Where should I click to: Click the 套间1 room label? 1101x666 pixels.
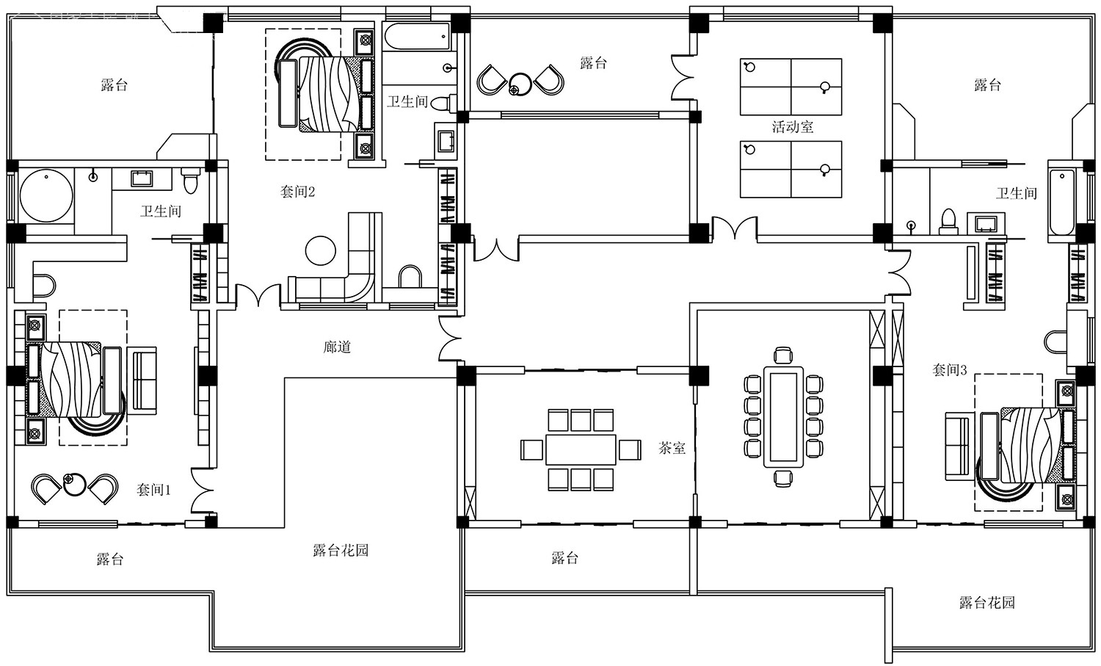point(153,490)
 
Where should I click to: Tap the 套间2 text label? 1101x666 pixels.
point(297,192)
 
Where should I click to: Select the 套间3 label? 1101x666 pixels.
point(950,369)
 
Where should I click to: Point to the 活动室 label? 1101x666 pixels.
point(793,127)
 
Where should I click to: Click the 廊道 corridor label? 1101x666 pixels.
point(337,347)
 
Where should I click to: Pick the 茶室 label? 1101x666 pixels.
point(672,448)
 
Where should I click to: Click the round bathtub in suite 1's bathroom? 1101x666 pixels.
point(46,196)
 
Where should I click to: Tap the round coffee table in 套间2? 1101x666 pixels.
point(321,251)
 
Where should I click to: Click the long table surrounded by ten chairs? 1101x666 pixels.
point(783,417)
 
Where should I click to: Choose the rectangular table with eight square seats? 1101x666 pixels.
point(581,449)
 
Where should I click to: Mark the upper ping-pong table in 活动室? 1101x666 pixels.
point(791,87)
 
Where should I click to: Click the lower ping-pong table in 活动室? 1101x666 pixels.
point(791,169)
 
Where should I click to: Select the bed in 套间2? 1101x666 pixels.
point(324,93)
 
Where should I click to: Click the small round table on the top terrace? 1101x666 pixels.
point(520,84)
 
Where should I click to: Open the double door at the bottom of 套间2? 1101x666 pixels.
point(258,295)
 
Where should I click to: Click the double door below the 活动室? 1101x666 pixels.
point(734,228)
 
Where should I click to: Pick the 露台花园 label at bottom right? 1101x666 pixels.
point(987,603)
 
